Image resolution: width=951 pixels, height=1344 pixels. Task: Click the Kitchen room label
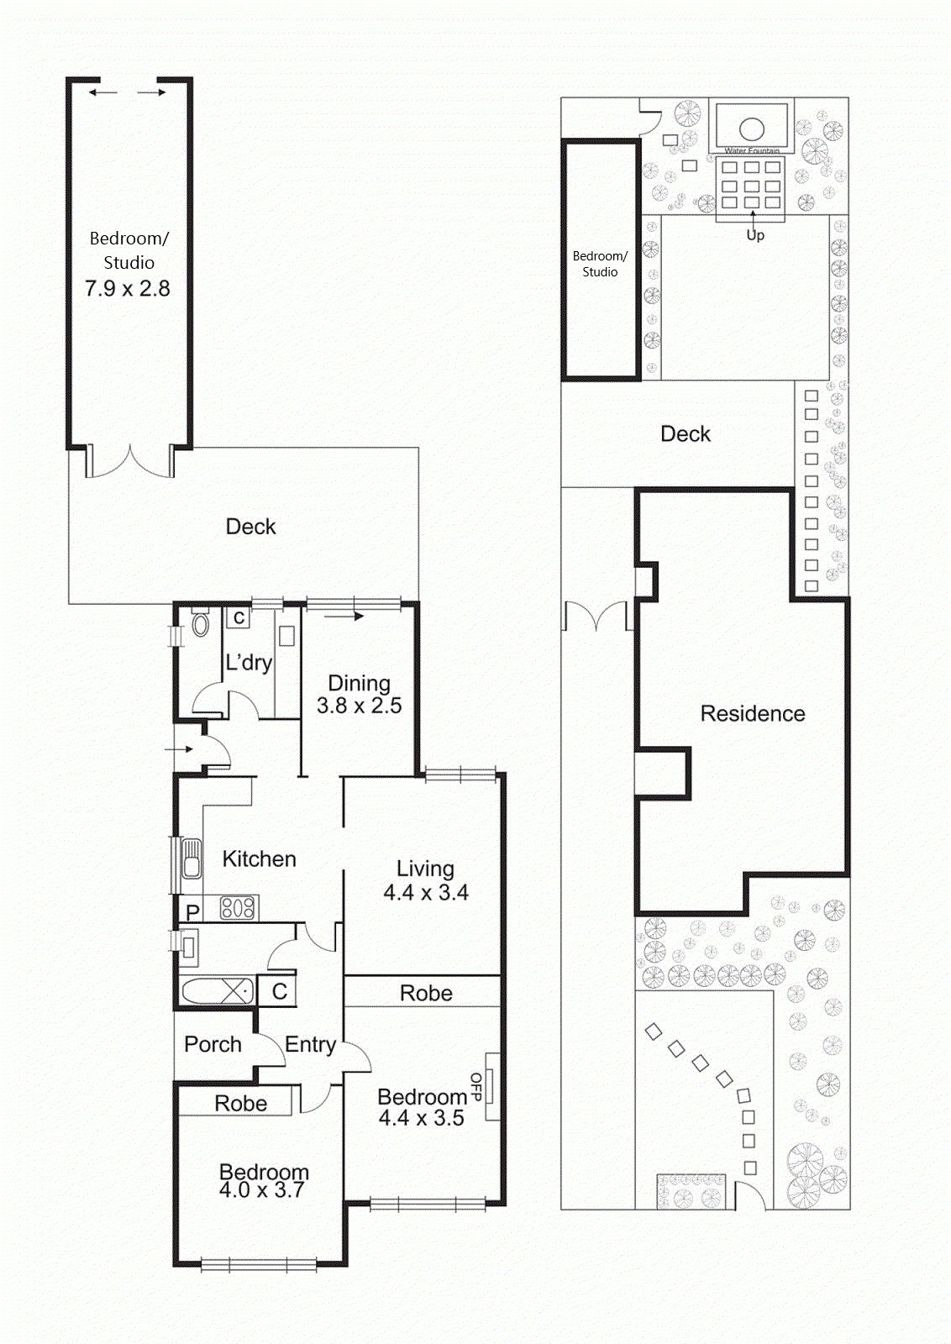coord(259,858)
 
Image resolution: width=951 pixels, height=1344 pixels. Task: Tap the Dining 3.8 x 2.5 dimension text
coord(359,706)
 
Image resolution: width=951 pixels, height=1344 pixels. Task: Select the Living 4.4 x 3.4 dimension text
coord(426,892)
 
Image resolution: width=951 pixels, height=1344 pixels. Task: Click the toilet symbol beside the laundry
coord(201,625)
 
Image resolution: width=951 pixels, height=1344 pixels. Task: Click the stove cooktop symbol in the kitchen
coord(238,907)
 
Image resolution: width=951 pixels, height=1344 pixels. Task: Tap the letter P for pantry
coord(192,911)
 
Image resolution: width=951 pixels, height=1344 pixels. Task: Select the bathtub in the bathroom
coord(217,991)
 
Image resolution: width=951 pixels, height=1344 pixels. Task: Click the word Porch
coord(213,1044)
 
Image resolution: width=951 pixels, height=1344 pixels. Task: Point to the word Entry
coord(310,1044)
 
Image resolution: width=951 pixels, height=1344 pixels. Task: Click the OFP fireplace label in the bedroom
coord(476,1086)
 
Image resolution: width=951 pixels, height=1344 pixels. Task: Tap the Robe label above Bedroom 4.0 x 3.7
coord(240,1103)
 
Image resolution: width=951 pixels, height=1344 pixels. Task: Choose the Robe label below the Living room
coord(426,993)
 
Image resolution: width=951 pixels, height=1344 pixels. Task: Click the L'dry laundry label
coord(248,663)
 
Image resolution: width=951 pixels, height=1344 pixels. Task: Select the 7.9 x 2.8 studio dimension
coord(128,289)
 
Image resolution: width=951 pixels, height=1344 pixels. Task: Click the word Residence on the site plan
coord(752,714)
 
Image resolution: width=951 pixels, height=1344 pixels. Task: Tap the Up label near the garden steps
coord(755,235)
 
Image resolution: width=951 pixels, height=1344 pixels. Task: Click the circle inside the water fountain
coord(751,129)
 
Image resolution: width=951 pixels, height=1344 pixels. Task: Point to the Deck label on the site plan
coord(685,434)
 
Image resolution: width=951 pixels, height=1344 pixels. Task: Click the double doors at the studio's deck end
coord(131,462)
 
